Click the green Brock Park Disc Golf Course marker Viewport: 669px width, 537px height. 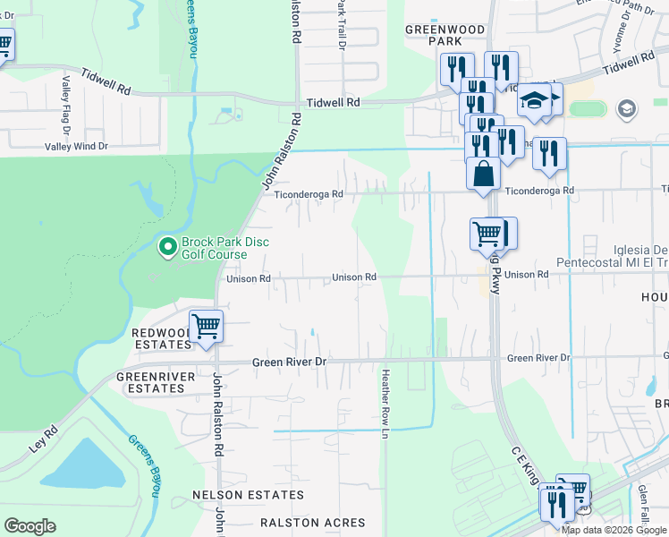pyautogui.click(x=167, y=245)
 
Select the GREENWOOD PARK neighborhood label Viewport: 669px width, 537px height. pyautogui.click(x=445, y=35)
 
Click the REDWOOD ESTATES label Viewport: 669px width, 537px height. pyautogui.click(x=161, y=338)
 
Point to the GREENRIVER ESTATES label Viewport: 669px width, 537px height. pyautogui.click(x=156, y=383)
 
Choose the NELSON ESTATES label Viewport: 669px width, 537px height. pyautogui.click(x=248, y=495)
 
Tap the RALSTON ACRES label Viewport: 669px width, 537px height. pyautogui.click(x=312, y=522)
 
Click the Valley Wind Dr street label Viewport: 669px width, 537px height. pyautogui.click(x=76, y=146)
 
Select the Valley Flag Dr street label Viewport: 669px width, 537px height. pyautogui.click(x=66, y=100)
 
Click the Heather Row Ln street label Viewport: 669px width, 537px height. pyautogui.click(x=385, y=403)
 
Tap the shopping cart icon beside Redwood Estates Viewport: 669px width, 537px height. pyautogui.click(x=206, y=326)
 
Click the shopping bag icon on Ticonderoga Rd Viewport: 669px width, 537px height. pyautogui.click(x=483, y=174)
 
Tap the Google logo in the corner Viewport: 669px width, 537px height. pyautogui.click(x=30, y=526)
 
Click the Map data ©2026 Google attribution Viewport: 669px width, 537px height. pyautogui.click(x=614, y=530)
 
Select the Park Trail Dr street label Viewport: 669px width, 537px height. pyautogui.click(x=341, y=25)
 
